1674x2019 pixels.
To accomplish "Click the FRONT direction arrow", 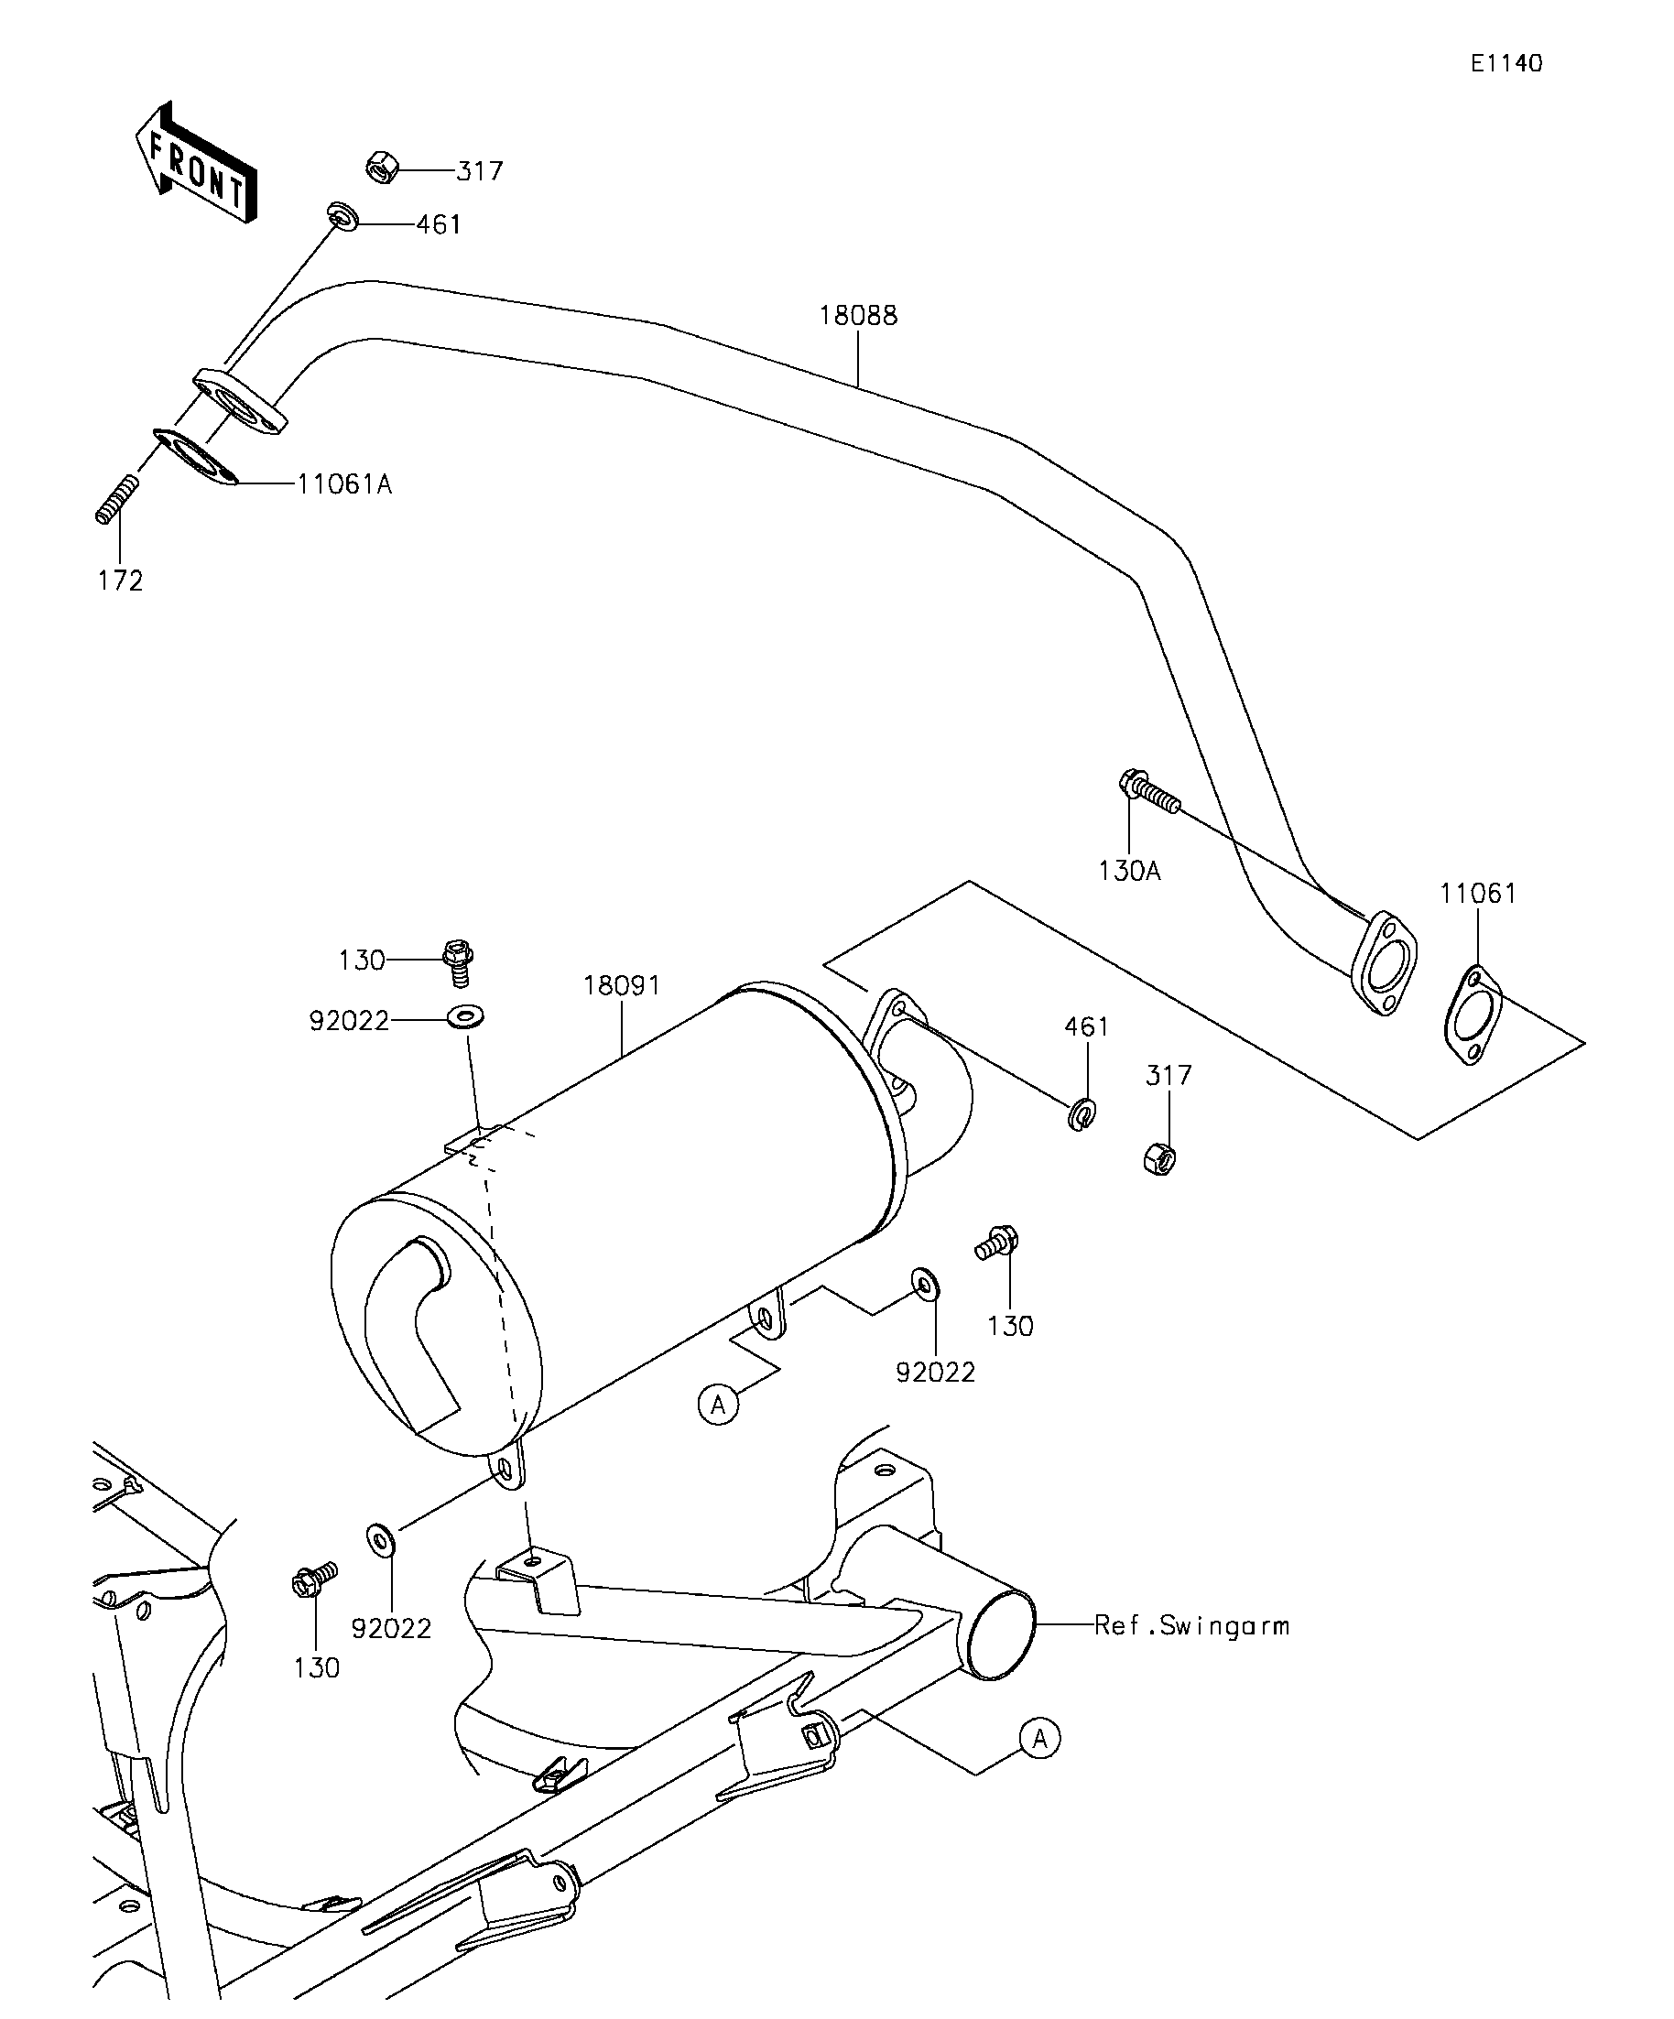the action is point(196,162).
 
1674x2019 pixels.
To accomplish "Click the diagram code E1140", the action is point(1506,63).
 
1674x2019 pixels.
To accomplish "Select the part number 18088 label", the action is point(858,315).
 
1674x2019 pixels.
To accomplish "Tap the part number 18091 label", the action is point(622,985).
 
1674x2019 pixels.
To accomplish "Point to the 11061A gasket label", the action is point(344,483).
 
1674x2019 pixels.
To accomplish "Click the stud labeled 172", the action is point(117,499).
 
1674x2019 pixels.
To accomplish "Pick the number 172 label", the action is point(120,581).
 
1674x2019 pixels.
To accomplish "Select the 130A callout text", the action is point(1130,871).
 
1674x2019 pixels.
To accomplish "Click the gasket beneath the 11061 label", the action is point(1473,1016).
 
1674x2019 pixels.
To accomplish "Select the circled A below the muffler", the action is point(718,1406).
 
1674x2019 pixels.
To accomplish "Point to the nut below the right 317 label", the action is point(1160,1158).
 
